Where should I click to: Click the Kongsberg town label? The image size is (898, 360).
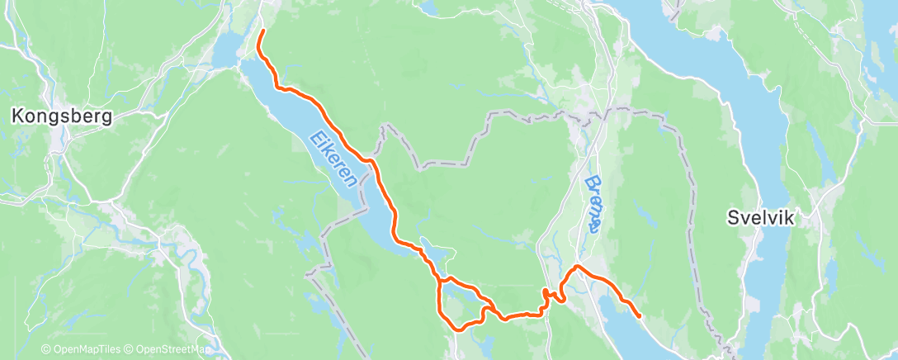click(61, 117)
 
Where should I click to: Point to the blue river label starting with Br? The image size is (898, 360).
click(592, 201)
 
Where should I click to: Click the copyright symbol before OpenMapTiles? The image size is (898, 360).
click(45, 350)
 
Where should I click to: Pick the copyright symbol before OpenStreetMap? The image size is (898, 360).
click(130, 350)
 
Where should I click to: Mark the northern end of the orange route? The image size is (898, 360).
click(262, 31)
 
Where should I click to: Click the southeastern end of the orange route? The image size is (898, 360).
click(640, 316)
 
